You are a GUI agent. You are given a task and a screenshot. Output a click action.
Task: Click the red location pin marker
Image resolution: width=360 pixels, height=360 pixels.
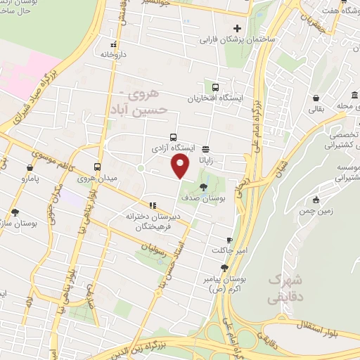point(181,166)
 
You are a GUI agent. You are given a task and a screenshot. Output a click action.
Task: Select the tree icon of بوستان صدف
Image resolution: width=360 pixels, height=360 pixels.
point(203,187)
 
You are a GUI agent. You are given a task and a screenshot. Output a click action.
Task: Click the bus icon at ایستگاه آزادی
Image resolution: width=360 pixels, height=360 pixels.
point(173,138)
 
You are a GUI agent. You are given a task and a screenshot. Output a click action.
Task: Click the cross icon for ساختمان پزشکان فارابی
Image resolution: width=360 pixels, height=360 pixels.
point(237,29)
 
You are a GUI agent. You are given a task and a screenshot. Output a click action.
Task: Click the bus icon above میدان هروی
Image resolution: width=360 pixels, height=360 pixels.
point(98,167)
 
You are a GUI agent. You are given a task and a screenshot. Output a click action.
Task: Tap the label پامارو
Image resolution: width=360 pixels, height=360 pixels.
point(29,180)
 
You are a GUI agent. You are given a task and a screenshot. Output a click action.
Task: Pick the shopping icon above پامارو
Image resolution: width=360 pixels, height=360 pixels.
point(30,168)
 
